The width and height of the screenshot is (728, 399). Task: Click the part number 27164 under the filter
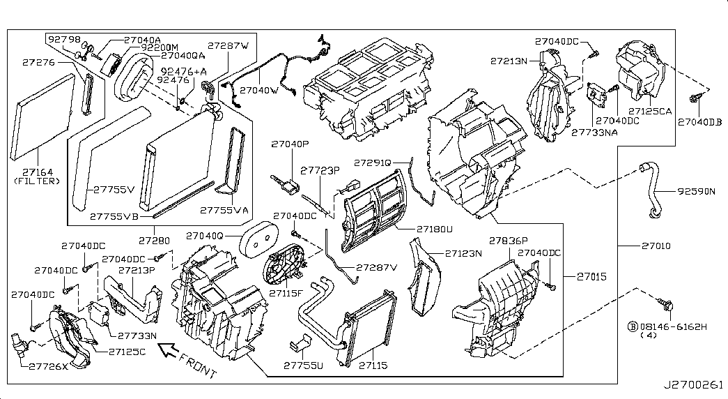click(37, 171)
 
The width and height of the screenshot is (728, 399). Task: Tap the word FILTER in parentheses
click(38, 181)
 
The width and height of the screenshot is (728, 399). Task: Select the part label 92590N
click(695, 191)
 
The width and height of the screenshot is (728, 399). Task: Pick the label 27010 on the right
click(655, 246)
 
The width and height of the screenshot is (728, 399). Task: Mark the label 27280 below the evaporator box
click(153, 241)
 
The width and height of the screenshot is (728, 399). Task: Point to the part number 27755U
click(304, 365)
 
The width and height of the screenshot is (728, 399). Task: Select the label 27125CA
click(649, 111)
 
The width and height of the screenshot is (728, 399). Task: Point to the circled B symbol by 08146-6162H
click(633, 326)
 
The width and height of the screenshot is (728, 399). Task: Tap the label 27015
click(591, 277)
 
